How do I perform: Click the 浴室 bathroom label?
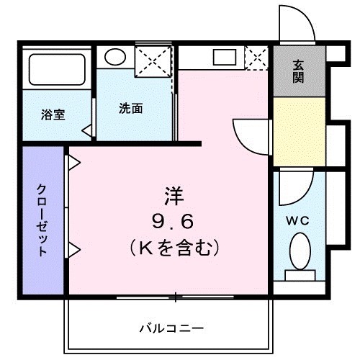53,114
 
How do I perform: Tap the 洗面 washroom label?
130,109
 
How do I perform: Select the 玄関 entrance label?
298,72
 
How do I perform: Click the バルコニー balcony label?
171,328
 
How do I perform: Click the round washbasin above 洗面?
114,57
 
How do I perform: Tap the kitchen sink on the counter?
222,58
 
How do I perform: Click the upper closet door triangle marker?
73,163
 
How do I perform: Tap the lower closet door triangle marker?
73,250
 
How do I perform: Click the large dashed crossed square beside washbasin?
153,58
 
